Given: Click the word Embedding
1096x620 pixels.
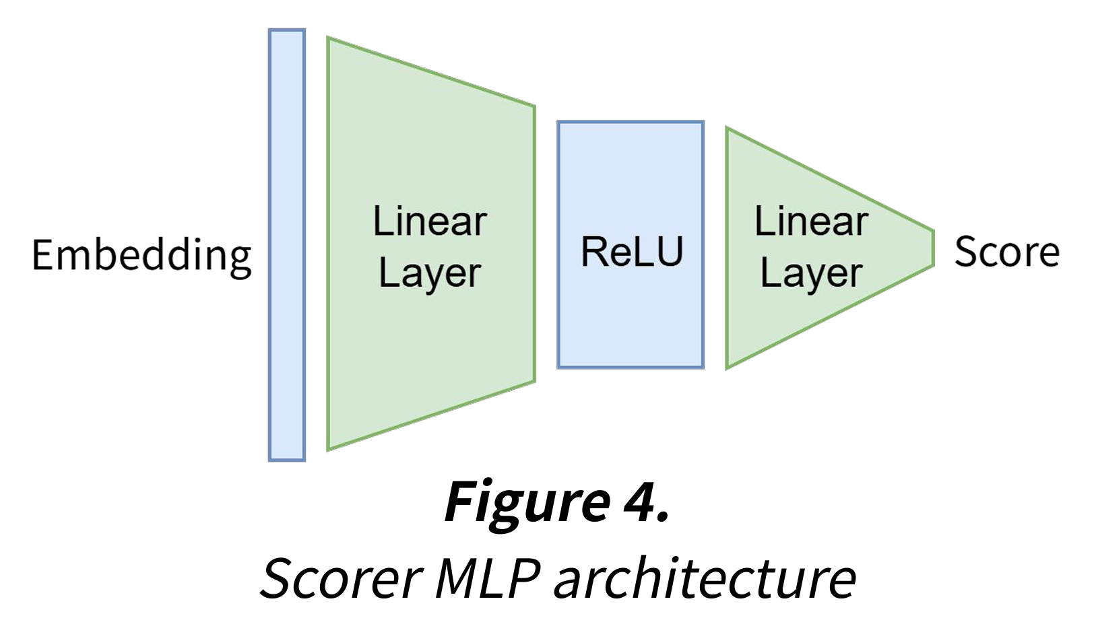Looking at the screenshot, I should coord(141,256).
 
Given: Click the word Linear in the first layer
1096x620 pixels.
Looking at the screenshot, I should coord(430,221).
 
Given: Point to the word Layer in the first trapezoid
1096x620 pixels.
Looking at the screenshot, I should coord(430,274).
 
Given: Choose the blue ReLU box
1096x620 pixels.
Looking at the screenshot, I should coord(631,316).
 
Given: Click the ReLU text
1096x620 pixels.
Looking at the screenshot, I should coord(632,252).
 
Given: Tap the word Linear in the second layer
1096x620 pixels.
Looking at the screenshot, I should coord(811,221).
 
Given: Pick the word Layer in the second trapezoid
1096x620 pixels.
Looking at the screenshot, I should coord(811,274).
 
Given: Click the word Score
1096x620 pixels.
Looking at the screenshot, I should coord(1007,252).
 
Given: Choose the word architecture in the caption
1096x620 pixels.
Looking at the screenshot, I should coord(705,578).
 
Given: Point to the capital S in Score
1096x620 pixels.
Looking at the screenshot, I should coord(967,252).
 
